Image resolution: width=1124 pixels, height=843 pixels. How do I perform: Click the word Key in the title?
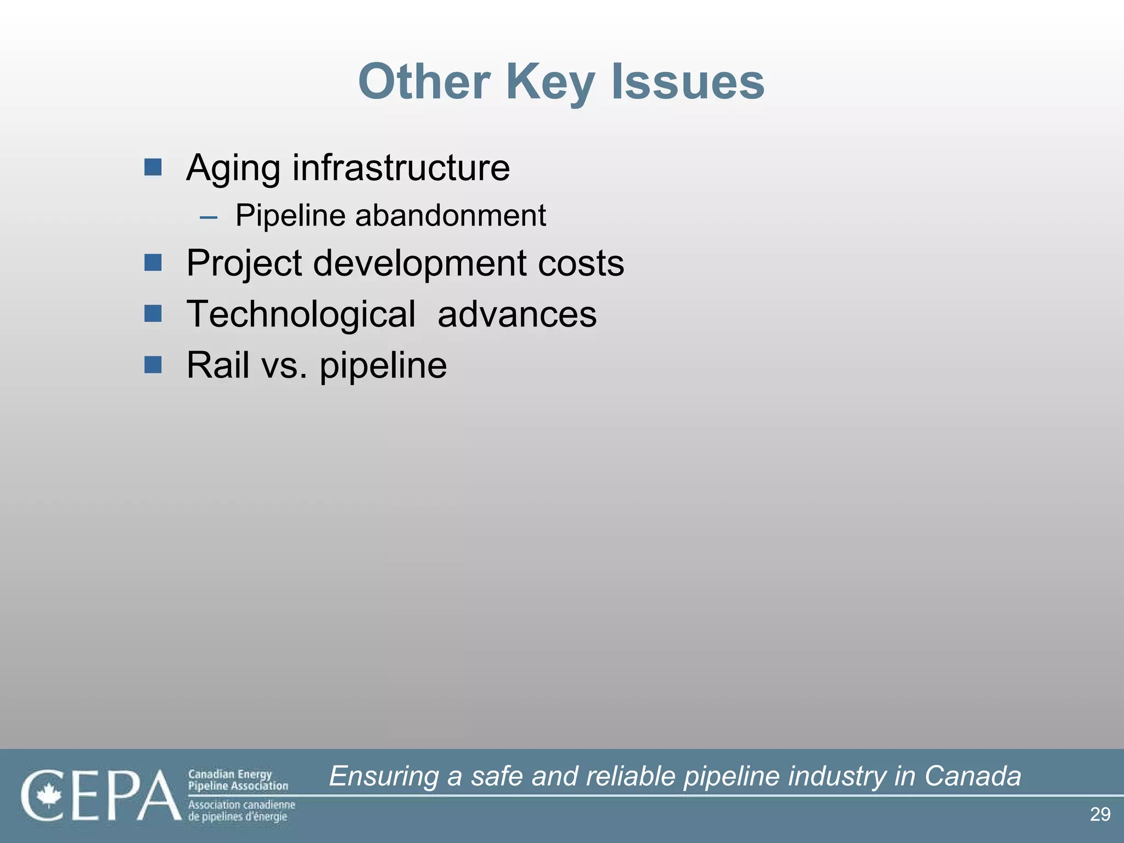(550, 82)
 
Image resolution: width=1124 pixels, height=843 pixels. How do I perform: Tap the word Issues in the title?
(688, 82)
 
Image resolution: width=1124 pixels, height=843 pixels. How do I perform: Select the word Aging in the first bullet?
(233, 168)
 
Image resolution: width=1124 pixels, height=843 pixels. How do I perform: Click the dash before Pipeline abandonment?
(209, 217)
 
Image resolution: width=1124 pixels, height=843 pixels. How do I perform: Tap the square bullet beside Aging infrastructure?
(153, 167)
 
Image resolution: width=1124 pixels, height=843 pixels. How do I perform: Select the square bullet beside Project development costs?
(153, 262)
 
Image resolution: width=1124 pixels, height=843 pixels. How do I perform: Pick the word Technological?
(301, 314)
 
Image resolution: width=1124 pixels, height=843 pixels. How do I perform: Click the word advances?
(516, 314)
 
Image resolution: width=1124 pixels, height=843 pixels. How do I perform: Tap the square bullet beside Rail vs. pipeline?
(153, 364)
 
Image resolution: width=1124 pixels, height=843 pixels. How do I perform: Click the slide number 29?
(1100, 814)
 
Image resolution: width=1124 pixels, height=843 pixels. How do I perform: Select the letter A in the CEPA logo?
(159, 795)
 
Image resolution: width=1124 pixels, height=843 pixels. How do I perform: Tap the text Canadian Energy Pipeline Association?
(238, 780)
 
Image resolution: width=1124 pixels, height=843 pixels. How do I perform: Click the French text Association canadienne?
(241, 805)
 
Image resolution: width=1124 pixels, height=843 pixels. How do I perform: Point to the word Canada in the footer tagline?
(973, 776)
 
